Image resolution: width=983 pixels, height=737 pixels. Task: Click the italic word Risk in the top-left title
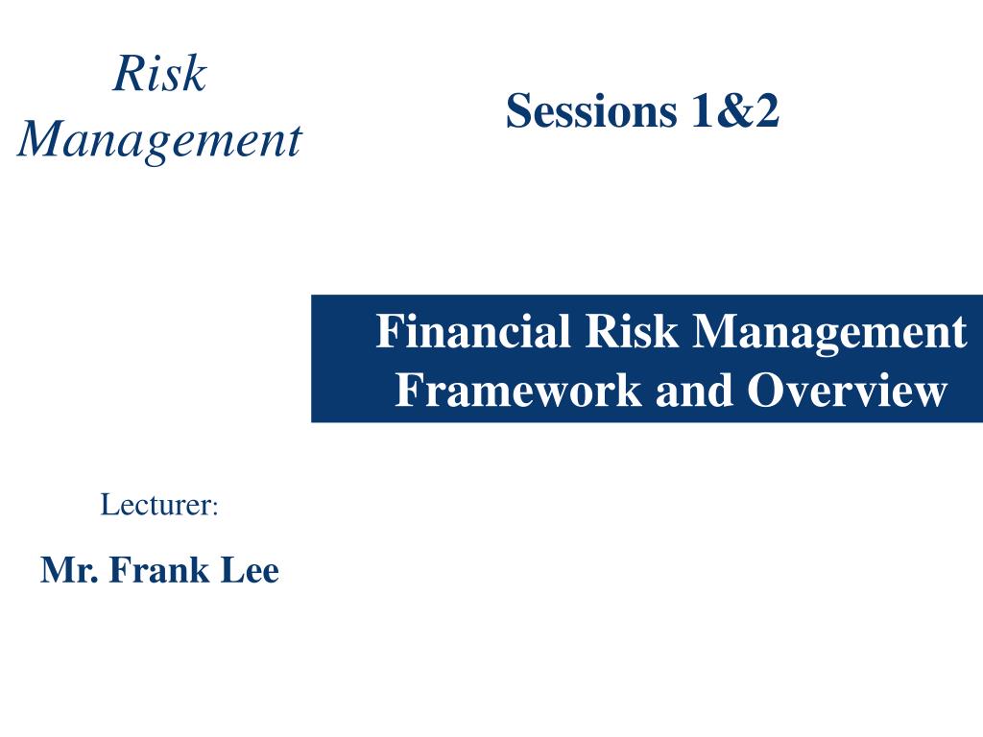tap(159, 74)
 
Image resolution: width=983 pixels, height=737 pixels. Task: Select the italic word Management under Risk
tap(159, 140)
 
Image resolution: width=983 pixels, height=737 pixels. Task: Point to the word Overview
tap(847, 391)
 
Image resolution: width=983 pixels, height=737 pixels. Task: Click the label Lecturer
tap(156, 504)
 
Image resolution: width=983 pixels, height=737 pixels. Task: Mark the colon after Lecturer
tap(216, 507)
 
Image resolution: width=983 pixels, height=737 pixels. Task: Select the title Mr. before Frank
tap(70, 571)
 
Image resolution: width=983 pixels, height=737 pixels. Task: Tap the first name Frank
tap(155, 571)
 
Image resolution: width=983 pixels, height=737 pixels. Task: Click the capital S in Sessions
tap(518, 111)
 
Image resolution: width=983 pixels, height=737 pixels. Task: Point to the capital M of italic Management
tap(39, 140)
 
